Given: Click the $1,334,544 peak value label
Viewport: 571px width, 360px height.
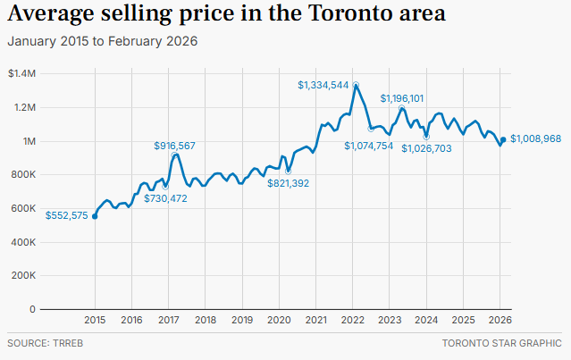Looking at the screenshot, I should pos(323,85).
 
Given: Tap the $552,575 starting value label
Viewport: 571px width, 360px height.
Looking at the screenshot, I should pos(67,215).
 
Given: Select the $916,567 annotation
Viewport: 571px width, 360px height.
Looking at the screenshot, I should pos(174,145).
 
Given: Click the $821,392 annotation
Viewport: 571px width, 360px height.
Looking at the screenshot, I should pos(289,183).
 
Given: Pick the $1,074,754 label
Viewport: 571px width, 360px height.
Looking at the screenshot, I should pos(368,146).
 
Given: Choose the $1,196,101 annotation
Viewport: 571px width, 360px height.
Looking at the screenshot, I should pos(402,98).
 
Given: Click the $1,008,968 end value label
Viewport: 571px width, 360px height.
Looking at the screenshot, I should pos(535,139).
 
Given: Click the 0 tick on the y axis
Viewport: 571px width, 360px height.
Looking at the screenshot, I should pos(32,309).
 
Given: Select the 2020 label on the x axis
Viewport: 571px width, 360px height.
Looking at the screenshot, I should pos(279,320).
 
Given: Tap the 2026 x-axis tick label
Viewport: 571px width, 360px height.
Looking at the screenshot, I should pos(500,320).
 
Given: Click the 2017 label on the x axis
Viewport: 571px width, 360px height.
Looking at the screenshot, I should pos(168,320).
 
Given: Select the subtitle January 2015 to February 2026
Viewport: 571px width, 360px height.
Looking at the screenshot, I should pos(102,41).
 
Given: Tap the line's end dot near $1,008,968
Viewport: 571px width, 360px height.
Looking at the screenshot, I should pos(503,139).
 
